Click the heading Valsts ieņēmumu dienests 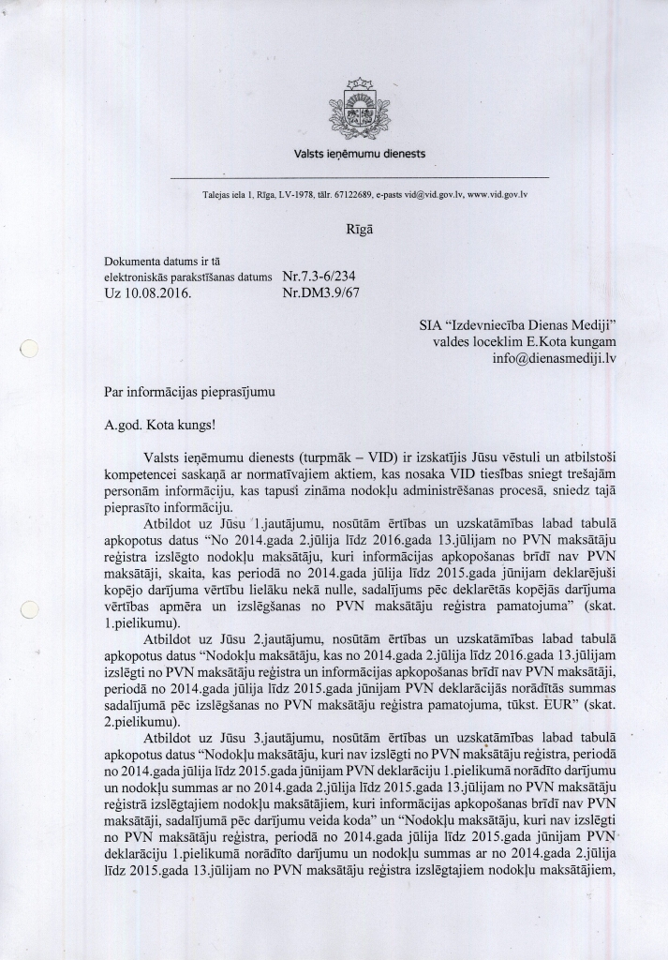coord(360,152)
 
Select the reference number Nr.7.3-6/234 coord(319,277)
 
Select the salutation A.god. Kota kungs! coord(160,423)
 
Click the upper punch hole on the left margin coord(28,351)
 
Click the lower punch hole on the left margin coord(28,610)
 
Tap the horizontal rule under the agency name coord(360,177)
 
